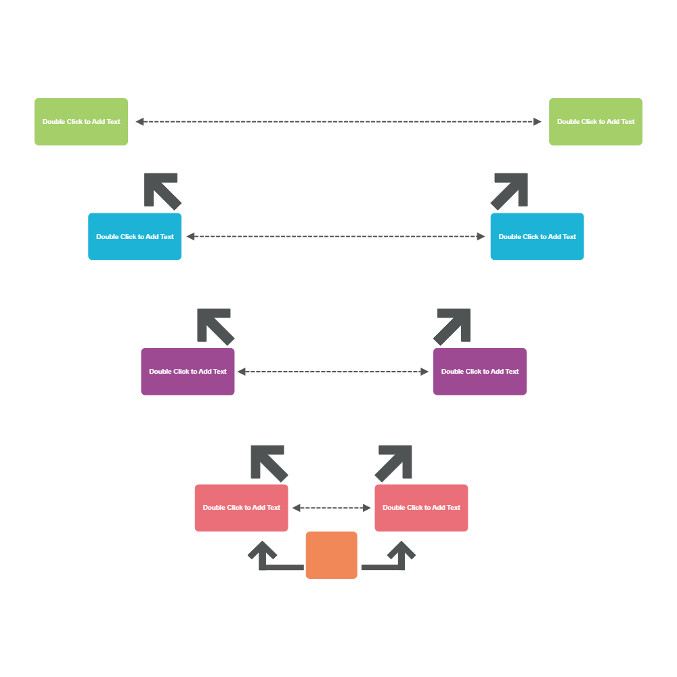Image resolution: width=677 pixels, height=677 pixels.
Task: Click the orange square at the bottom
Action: point(331,555)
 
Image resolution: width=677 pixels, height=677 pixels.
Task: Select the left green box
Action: point(81,122)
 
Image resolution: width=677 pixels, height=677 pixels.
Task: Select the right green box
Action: point(596,122)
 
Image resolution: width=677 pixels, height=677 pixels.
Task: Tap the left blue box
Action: point(135,236)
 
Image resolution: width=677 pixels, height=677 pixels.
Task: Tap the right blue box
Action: point(537,236)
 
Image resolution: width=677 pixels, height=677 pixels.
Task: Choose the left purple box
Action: point(188,371)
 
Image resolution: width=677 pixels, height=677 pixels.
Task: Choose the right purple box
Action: point(480,371)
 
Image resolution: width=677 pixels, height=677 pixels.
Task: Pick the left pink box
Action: point(241,508)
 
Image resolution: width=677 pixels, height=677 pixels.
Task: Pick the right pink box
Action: point(421,508)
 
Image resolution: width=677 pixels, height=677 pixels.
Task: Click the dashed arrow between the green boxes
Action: point(338,122)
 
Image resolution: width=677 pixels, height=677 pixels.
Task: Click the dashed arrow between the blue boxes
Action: point(336,236)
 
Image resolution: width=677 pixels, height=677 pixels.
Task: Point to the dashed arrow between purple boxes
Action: point(334,372)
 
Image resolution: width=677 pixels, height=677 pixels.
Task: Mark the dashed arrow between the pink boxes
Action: point(332,508)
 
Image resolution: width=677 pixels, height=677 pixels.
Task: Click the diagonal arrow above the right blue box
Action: point(510,190)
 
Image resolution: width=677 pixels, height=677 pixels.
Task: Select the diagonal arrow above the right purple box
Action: point(453,326)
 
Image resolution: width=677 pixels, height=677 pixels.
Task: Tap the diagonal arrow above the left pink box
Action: point(269,462)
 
